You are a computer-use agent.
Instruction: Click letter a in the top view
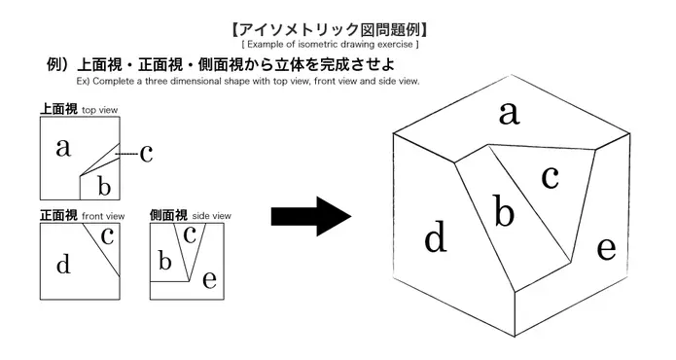(63, 148)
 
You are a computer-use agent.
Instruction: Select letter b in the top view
(103, 185)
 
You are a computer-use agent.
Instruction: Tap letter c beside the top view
(146, 153)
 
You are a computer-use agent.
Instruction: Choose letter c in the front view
(108, 234)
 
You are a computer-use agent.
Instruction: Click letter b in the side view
(164, 260)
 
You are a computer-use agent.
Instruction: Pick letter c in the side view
(191, 234)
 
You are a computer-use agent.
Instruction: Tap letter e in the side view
(209, 280)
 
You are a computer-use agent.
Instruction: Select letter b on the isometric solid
(503, 210)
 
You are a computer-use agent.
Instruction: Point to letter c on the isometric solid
(550, 177)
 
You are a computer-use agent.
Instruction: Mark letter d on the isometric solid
(435, 236)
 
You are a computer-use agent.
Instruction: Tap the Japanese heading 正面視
(57, 215)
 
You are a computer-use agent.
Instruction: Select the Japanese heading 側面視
(168, 215)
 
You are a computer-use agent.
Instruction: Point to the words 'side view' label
(211, 216)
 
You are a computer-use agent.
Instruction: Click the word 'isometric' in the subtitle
(312, 46)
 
